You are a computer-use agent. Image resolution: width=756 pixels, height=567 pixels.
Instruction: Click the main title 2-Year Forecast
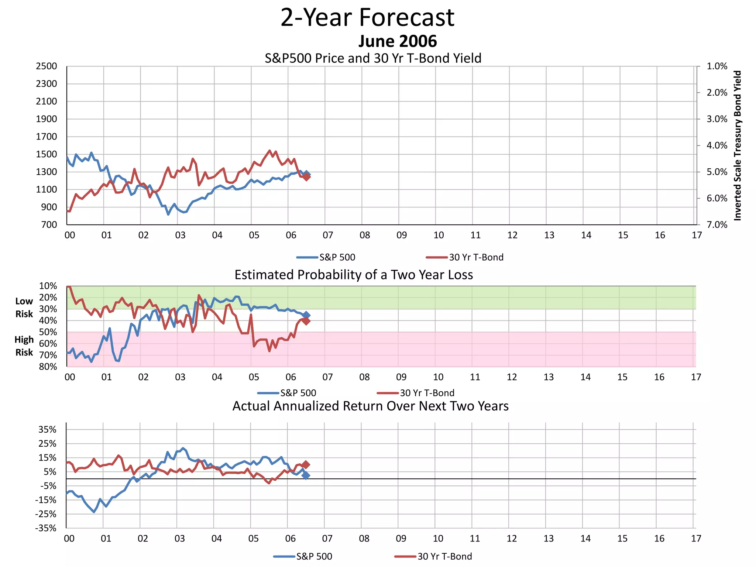point(367,18)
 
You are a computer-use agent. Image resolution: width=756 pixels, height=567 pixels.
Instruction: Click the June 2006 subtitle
point(398,41)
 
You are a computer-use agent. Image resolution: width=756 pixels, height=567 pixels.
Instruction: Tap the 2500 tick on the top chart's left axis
point(47,66)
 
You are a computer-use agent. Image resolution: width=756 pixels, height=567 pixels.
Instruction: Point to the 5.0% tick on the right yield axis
point(717,172)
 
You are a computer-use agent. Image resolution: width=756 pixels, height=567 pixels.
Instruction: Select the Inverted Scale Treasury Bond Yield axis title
point(738,145)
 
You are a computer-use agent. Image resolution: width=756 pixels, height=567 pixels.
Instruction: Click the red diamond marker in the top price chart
point(306,177)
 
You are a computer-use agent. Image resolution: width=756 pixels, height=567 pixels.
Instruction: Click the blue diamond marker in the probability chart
point(306,315)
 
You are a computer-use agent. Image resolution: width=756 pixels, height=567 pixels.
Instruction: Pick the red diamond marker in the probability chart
point(306,321)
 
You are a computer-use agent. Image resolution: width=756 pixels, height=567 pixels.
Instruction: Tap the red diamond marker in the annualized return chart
point(306,465)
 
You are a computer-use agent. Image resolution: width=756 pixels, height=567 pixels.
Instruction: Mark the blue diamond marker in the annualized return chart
point(306,475)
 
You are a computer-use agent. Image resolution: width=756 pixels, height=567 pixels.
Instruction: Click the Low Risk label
point(24,307)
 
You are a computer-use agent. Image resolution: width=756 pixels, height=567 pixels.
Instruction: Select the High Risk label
point(24,346)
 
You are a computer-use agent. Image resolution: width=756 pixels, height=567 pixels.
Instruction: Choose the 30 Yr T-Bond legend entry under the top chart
point(465,257)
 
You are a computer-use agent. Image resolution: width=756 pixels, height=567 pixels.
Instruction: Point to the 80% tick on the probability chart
point(48,367)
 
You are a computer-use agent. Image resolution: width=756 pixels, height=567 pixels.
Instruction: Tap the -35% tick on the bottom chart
point(46,528)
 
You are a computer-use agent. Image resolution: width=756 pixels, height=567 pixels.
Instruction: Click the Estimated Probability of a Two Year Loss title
point(354,275)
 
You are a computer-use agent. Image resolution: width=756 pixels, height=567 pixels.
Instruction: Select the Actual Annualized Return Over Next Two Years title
point(370,406)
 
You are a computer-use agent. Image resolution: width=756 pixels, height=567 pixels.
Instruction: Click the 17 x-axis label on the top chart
point(697,235)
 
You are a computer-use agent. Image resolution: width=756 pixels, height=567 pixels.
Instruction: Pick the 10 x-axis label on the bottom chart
point(438,539)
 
